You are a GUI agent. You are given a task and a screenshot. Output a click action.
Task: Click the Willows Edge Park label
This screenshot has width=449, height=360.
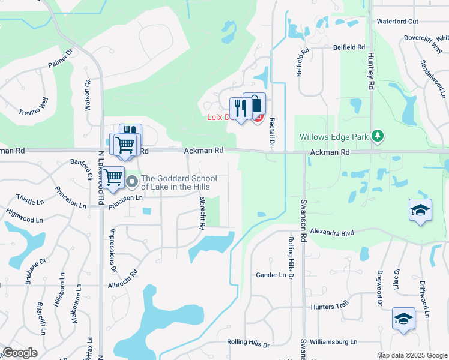tap(334, 137)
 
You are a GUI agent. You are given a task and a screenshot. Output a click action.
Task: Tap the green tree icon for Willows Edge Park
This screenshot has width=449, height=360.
tap(378, 136)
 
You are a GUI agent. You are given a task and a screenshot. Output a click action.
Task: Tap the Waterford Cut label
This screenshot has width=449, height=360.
tap(397, 22)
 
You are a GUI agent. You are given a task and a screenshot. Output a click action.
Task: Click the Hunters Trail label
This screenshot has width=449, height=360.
tap(330, 307)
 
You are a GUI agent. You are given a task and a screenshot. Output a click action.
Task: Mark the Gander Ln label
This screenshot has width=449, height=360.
tap(271, 275)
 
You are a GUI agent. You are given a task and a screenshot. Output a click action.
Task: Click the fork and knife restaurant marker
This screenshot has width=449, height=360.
tap(238, 108)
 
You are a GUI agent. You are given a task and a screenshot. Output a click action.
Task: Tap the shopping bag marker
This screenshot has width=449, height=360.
tap(255, 104)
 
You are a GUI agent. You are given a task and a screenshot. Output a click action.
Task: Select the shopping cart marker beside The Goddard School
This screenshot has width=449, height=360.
tap(113, 177)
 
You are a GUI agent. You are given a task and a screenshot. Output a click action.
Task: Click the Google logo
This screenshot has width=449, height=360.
tap(20, 352)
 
